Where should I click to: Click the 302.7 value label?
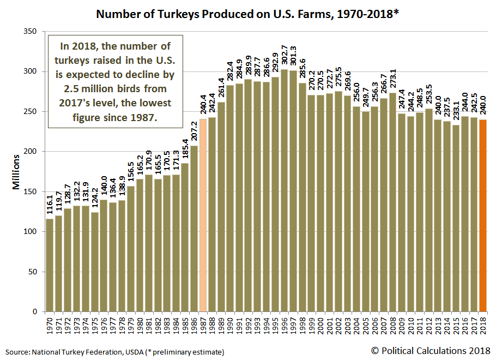pyautogui.click(x=284, y=57)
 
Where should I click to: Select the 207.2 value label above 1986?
pyautogui.click(x=195, y=133)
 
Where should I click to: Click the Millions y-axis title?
pyautogui.click(x=16, y=172)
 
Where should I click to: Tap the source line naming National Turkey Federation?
pyautogui.click(x=115, y=352)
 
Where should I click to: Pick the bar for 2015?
pyautogui.click(x=456, y=218)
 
